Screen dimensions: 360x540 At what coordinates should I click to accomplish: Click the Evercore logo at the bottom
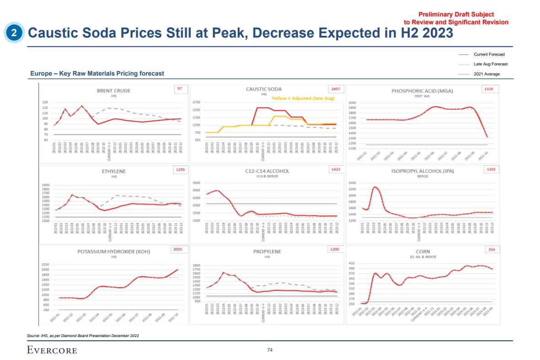click(x=52, y=350)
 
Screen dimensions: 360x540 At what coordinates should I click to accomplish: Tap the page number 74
click(x=270, y=350)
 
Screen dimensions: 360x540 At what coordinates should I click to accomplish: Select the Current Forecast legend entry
click(x=489, y=55)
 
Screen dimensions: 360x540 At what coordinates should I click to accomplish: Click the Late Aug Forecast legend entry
click(x=490, y=64)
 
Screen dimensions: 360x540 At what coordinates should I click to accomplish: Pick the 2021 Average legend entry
click(x=486, y=74)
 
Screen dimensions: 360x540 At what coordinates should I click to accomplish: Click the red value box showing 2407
click(x=335, y=89)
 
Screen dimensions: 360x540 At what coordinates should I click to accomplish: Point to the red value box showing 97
click(x=179, y=89)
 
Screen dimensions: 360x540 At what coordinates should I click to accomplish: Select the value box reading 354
click(x=492, y=250)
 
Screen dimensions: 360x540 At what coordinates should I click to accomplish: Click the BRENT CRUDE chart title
click(x=113, y=91)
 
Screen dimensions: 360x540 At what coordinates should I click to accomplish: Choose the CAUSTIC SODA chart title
click(x=264, y=89)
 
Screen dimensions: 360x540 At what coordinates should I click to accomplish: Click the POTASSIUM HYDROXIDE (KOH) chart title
click(x=113, y=251)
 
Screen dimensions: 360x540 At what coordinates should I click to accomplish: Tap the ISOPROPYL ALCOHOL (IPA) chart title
click(x=422, y=171)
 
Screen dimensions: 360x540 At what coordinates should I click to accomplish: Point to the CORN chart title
click(x=422, y=251)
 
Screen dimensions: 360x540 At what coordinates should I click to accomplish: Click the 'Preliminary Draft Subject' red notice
click(x=455, y=15)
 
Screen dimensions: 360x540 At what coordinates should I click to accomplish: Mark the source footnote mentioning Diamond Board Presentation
click(x=83, y=336)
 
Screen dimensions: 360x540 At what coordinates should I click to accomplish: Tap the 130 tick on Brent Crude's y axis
click(x=45, y=103)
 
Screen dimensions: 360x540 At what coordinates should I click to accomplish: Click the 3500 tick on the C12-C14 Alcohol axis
click(x=196, y=183)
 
